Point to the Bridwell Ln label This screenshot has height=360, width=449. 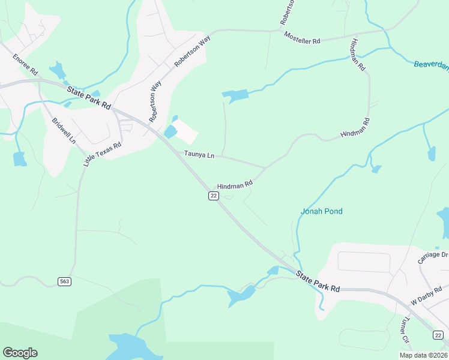64,130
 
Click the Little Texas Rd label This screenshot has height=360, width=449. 103,154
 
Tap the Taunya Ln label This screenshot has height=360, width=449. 199,155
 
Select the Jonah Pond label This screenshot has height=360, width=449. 321,211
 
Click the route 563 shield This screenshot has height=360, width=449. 65,281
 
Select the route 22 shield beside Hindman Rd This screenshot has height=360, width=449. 213,196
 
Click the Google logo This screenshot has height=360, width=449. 20,352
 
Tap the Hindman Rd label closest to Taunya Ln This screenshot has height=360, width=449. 235,185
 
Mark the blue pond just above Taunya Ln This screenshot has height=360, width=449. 170,131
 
